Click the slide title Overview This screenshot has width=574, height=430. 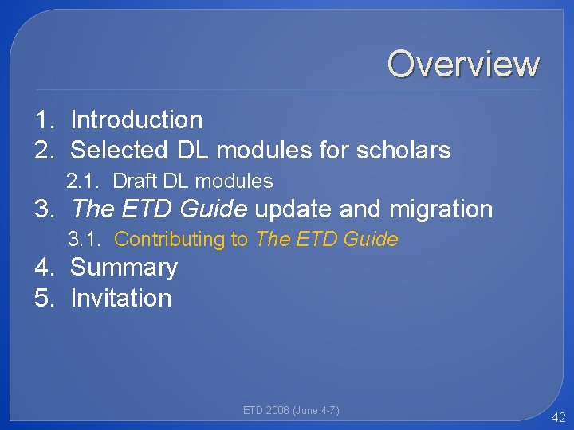click(x=463, y=64)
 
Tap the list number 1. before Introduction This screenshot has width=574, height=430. click(x=45, y=120)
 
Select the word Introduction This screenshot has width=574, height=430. click(x=136, y=120)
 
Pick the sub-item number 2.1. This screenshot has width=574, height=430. click(x=84, y=182)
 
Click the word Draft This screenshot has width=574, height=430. click(x=135, y=182)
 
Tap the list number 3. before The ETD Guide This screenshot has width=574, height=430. click(x=45, y=209)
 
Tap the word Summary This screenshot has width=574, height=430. click(x=124, y=268)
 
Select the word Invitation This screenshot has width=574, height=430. click(x=121, y=298)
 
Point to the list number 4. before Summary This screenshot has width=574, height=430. click(x=45, y=268)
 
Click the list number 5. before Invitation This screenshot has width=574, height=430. click(x=45, y=298)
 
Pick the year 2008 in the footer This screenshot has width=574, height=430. click(x=277, y=411)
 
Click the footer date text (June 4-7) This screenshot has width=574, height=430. click(x=316, y=411)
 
